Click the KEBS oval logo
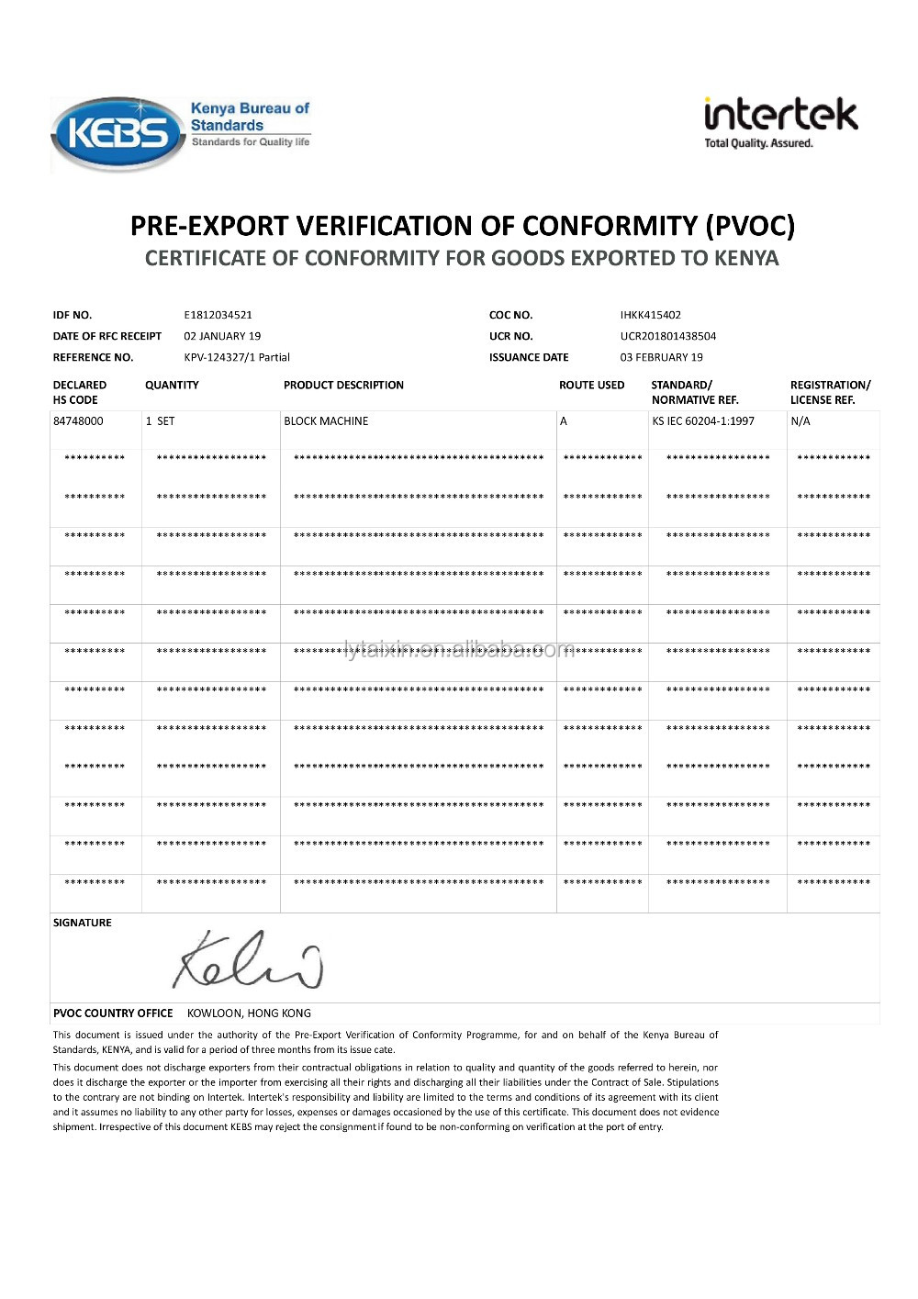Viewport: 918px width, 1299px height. tap(118, 134)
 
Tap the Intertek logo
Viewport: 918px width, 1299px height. tap(780, 122)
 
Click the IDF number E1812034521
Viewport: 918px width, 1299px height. tap(218, 315)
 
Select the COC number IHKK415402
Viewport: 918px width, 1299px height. tap(650, 315)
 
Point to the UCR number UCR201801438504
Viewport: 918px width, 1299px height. tap(667, 336)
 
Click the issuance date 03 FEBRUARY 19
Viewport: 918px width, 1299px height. tap(661, 357)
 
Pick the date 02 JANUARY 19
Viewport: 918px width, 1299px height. tap(222, 336)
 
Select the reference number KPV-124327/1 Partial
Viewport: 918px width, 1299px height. tap(237, 357)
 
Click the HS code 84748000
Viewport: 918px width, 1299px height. tap(78, 421)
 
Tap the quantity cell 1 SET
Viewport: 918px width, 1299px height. tap(160, 421)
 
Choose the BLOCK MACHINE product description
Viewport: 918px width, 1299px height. tap(326, 421)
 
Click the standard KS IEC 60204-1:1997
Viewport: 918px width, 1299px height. tap(703, 421)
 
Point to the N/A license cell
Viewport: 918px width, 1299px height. tap(800, 421)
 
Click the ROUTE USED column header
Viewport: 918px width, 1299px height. tap(591, 386)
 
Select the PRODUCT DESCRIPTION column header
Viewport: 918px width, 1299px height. tap(343, 386)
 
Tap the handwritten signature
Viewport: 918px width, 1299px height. tap(248, 960)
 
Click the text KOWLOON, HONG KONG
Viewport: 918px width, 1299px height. tap(249, 1013)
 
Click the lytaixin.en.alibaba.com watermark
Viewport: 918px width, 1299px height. tap(459, 650)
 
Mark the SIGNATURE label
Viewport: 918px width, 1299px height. tap(83, 923)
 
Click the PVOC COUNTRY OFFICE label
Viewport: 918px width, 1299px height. tap(113, 1013)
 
